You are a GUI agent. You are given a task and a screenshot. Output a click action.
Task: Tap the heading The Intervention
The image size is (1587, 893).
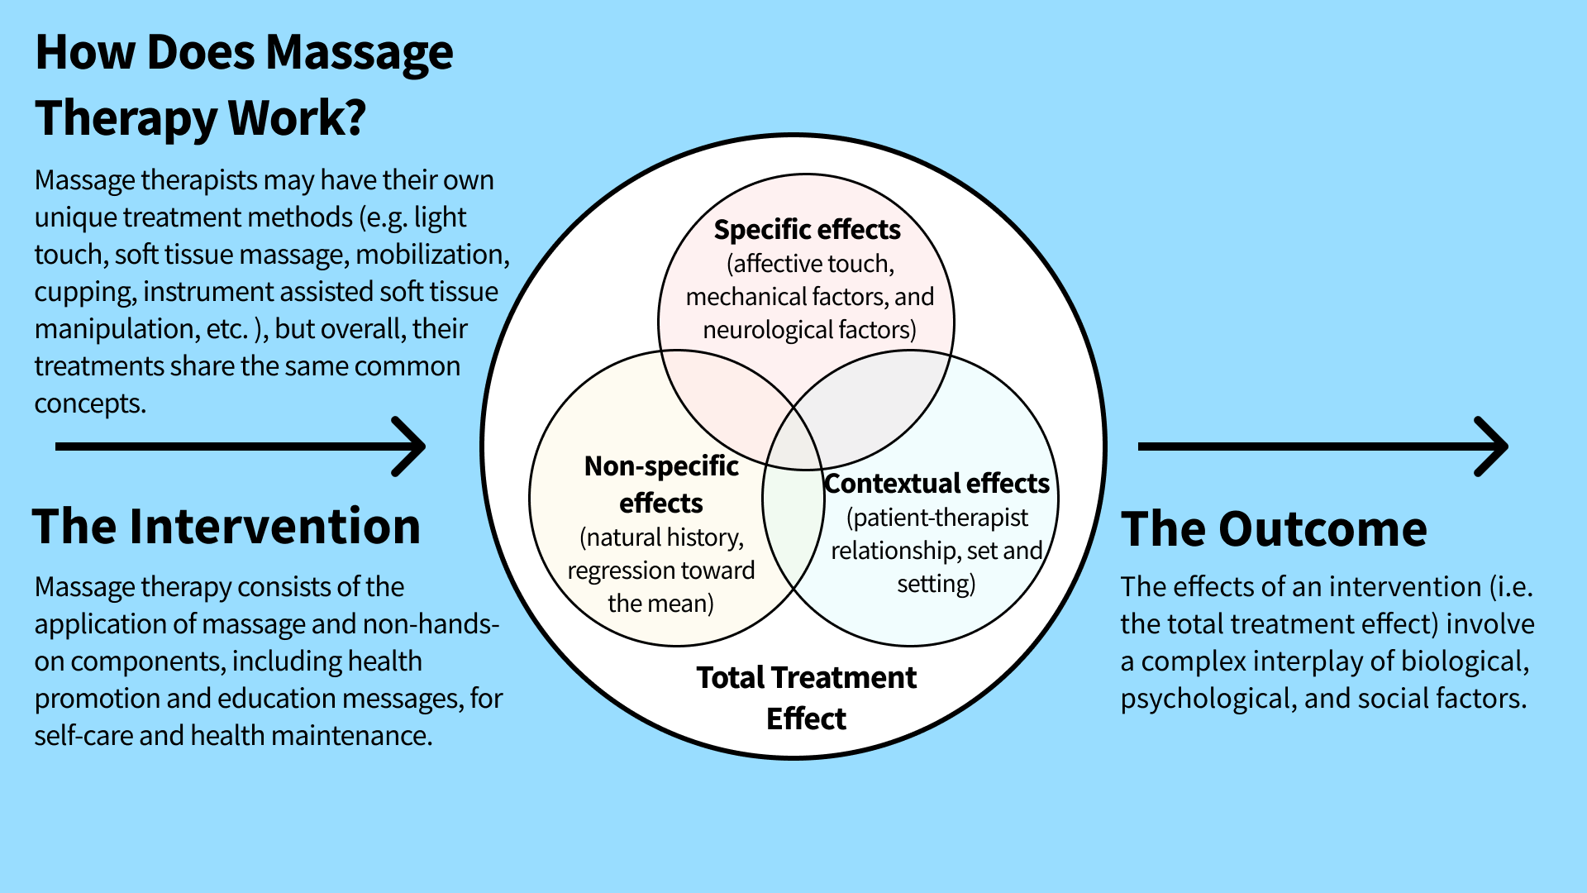pos(226,527)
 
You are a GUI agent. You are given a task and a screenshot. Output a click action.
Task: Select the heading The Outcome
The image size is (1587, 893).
pos(1273,529)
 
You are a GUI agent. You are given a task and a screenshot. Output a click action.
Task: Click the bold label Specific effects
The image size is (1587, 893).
pos(807,230)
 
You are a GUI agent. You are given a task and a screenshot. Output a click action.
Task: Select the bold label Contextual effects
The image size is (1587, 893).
pos(936,484)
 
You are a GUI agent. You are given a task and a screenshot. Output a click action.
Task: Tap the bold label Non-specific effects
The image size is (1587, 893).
pos(661,485)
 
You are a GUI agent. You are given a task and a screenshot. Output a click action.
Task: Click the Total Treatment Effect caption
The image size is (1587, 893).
pos(806,698)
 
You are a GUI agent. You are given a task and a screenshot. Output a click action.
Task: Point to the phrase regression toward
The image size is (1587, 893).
pos(660,571)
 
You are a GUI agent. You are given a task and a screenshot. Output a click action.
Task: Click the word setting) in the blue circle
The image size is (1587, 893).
pos(936,584)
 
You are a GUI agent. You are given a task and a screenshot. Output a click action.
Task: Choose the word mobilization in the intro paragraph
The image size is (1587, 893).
pos(432,255)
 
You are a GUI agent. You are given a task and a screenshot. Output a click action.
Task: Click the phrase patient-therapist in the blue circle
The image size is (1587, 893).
pos(936,518)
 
